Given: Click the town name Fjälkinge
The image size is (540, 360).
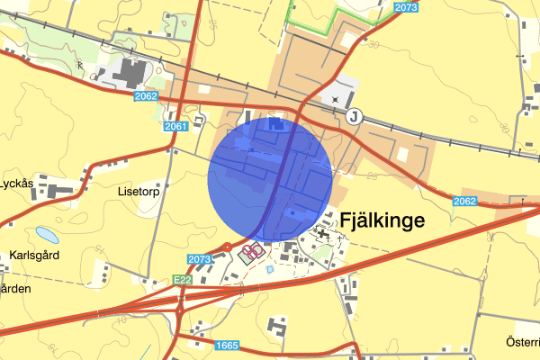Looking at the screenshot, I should click(x=382, y=220).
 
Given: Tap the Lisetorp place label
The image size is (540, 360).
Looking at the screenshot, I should click(x=137, y=191).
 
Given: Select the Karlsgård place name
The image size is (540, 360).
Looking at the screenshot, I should click(x=34, y=254).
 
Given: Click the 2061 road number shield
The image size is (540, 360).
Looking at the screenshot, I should click(x=176, y=127).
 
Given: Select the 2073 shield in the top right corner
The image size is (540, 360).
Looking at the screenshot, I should click(x=407, y=7).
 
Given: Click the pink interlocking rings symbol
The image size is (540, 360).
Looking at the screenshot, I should click(x=255, y=250).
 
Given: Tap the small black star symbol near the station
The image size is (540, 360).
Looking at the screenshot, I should click(x=336, y=98).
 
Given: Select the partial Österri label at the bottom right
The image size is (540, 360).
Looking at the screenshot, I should click(x=522, y=342).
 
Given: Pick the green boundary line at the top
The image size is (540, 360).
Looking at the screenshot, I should click(x=333, y=13).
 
